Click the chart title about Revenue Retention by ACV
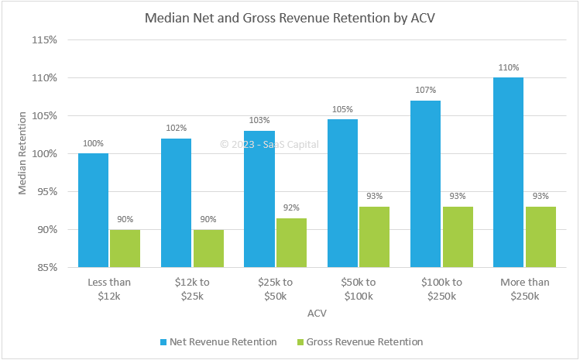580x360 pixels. click(x=290, y=17)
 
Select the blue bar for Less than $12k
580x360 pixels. click(x=93, y=210)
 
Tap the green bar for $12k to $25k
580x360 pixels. click(x=208, y=248)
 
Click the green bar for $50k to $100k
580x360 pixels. click(x=375, y=237)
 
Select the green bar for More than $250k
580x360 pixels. click(x=541, y=237)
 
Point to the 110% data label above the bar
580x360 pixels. click(x=509, y=68)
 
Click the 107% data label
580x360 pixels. click(x=426, y=91)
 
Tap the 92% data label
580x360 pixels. click(x=291, y=208)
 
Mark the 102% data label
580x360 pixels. click(x=176, y=129)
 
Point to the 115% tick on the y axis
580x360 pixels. click(x=46, y=39)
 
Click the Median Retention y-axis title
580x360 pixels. click(x=23, y=153)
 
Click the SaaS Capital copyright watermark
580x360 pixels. click(x=269, y=144)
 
